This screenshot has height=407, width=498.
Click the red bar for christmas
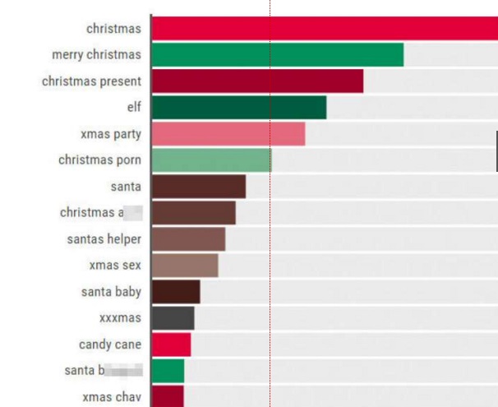pyautogui.click(x=325, y=27)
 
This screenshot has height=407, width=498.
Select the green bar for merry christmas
pyautogui.click(x=278, y=54)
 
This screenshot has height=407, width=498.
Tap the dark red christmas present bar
pyautogui.click(x=257, y=81)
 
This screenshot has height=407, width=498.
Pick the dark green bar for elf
pyautogui.click(x=239, y=108)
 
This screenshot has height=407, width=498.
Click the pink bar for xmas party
pyautogui.click(x=228, y=134)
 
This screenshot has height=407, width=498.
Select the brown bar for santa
pyautogui.click(x=199, y=187)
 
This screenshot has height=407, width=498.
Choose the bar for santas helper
pyautogui.click(x=188, y=239)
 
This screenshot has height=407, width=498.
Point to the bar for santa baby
pyautogui.click(x=176, y=292)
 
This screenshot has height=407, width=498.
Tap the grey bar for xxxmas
pyautogui.click(x=173, y=318)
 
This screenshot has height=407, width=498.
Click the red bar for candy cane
pyautogui.click(x=171, y=345)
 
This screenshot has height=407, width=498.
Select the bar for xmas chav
pyautogui.click(x=168, y=396)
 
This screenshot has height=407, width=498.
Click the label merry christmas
pyautogui.click(x=96, y=54)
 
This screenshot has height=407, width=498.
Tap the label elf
pyautogui.click(x=134, y=108)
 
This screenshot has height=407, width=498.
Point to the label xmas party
pyautogui.click(x=112, y=134)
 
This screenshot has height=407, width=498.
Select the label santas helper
pyautogui.click(x=104, y=239)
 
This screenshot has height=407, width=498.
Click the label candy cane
pyautogui.click(x=110, y=345)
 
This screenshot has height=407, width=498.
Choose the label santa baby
pyautogui.click(x=111, y=292)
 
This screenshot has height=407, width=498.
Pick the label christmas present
pyautogui.click(x=91, y=81)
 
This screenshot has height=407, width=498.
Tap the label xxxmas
pyautogui.click(x=120, y=318)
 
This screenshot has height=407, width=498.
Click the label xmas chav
pyautogui.click(x=112, y=397)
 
